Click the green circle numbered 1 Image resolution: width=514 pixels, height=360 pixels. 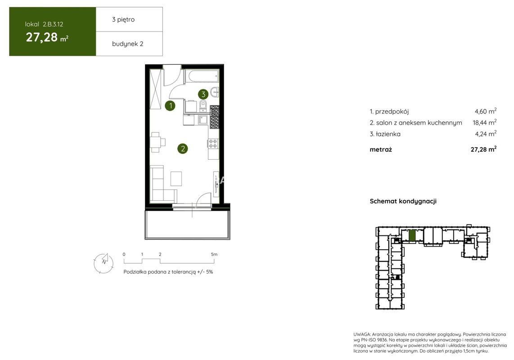(x=170, y=106)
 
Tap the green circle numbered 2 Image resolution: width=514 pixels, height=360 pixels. (x=183, y=148)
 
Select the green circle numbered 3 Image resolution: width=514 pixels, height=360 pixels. (x=203, y=94)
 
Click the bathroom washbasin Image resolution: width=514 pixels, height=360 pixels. (x=215, y=92)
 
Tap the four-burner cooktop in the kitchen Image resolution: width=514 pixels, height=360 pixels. (x=213, y=143)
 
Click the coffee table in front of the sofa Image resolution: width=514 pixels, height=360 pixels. (x=176, y=179)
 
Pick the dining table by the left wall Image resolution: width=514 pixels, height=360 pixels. (x=155, y=142)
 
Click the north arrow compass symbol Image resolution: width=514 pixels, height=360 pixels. (x=104, y=263)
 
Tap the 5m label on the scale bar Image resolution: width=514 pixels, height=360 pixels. (x=214, y=254)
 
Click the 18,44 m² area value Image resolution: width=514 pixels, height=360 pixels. (x=484, y=122)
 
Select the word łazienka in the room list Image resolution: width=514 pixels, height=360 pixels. (x=388, y=134)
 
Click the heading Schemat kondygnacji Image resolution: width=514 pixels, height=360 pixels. (x=403, y=201)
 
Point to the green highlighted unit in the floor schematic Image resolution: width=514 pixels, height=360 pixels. (x=412, y=236)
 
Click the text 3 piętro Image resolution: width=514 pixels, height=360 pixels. (x=123, y=20)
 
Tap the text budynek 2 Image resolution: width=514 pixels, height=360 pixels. (x=127, y=44)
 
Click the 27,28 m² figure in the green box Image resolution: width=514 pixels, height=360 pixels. (x=47, y=37)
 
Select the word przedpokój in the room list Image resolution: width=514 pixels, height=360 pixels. (x=392, y=112)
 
